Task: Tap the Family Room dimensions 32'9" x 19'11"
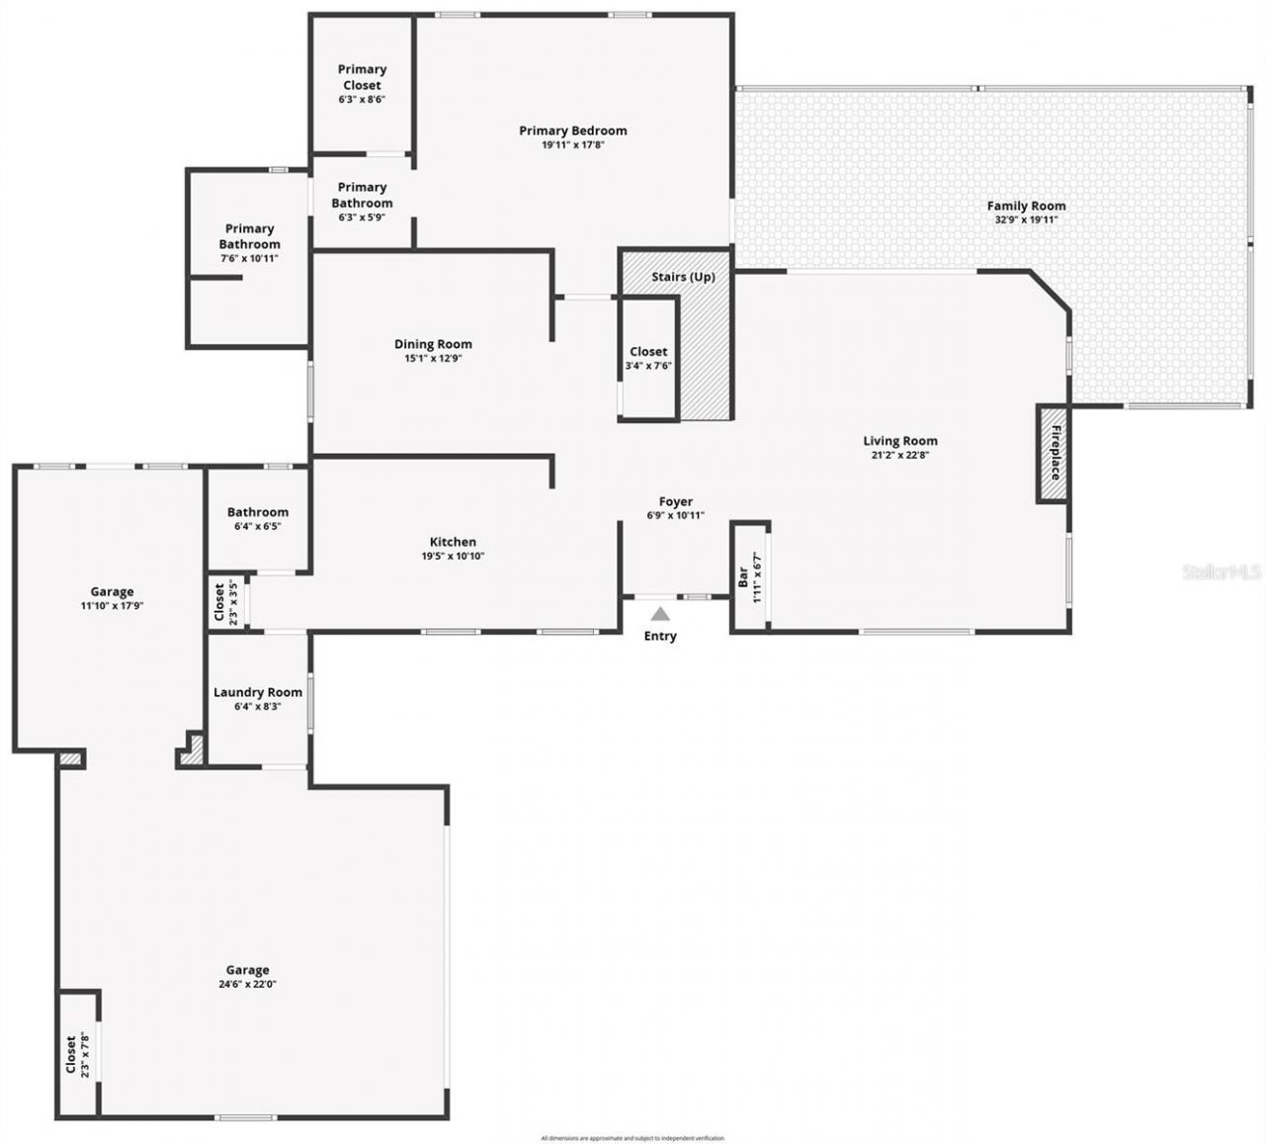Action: click(x=1026, y=220)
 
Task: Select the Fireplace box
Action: click(x=1054, y=453)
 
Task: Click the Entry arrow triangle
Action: click(x=660, y=614)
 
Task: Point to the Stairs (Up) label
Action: click(x=683, y=277)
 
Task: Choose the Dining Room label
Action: click(x=433, y=344)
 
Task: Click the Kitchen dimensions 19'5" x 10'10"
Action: click(x=453, y=556)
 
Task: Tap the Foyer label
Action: click(x=676, y=502)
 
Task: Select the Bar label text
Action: click(x=743, y=577)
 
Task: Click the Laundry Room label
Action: click(x=258, y=692)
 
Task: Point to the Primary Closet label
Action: click(x=362, y=77)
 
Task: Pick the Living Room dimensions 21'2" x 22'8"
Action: click(x=899, y=456)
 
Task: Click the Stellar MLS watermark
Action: click(x=1222, y=572)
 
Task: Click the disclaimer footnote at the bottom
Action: click(x=632, y=1138)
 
